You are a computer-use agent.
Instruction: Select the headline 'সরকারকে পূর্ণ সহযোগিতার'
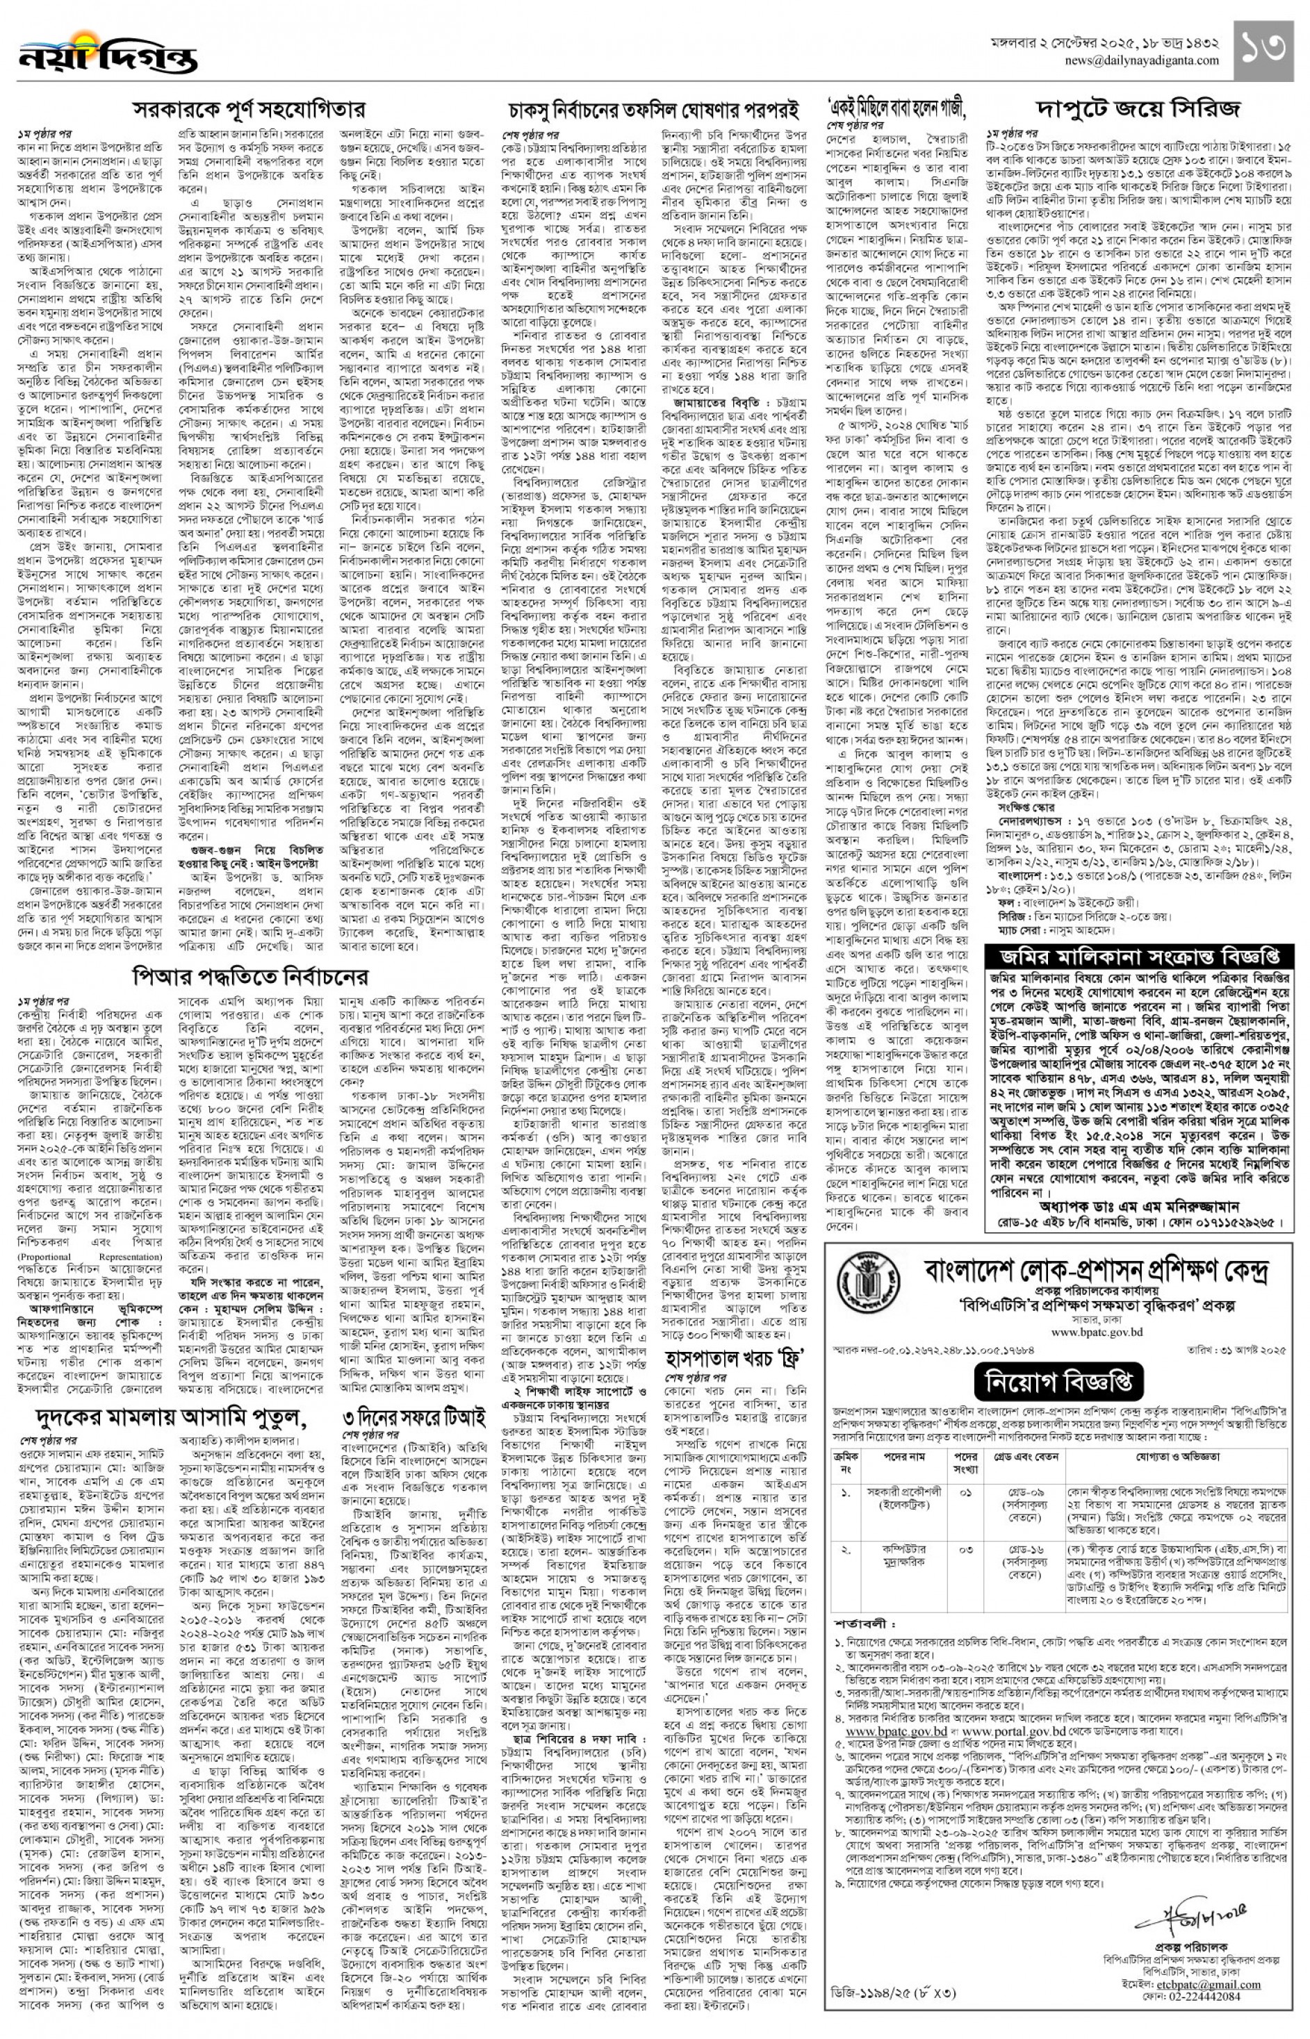pyautogui.click(x=248, y=110)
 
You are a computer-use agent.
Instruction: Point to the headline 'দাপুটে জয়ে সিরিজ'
pyautogui.click(x=1138, y=109)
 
